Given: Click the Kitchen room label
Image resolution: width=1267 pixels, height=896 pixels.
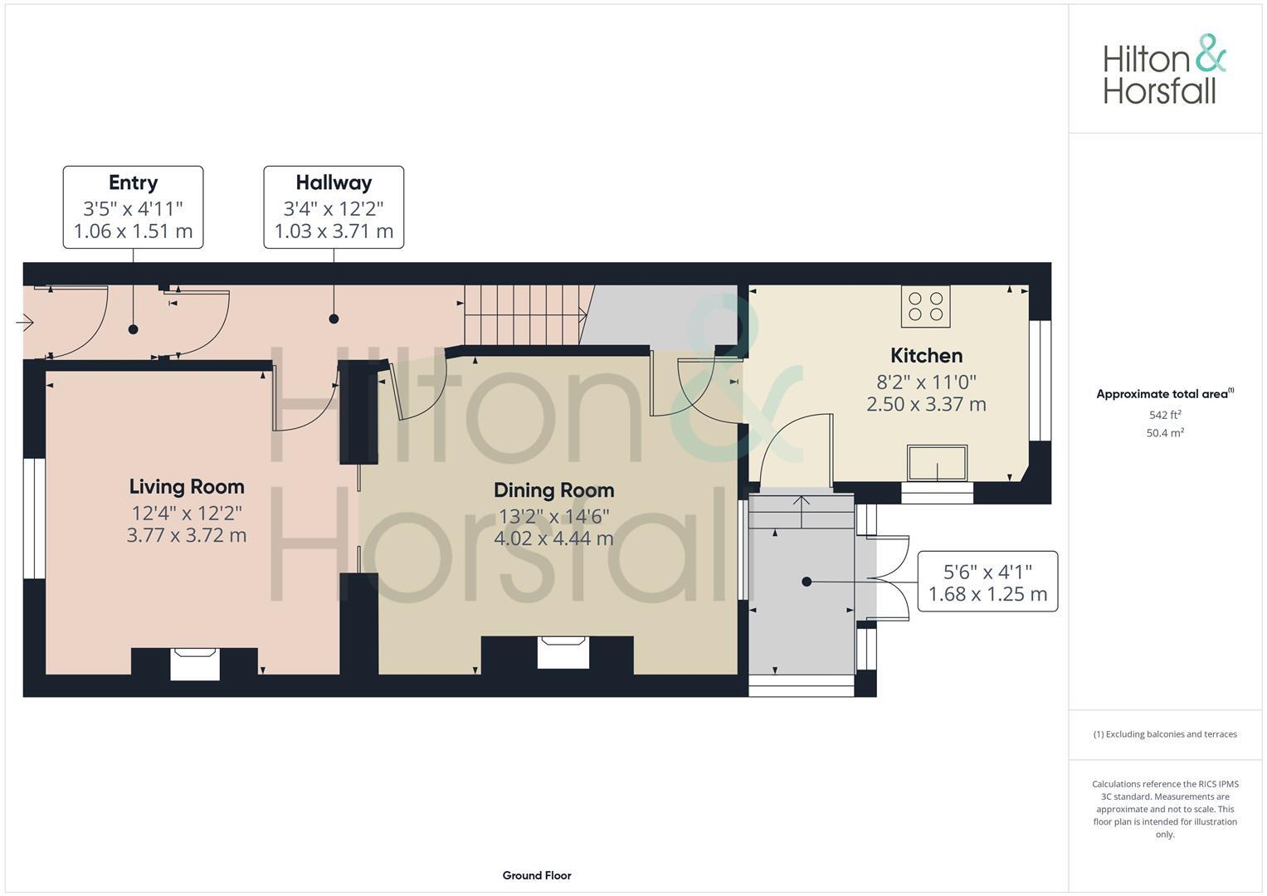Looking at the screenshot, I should (926, 356).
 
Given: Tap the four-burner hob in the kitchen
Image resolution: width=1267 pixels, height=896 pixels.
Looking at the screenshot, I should (926, 306).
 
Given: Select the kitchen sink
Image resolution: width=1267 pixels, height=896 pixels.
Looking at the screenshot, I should (938, 463).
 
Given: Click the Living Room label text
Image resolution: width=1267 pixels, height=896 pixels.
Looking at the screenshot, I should (187, 487).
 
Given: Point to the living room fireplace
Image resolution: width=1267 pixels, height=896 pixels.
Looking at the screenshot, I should (195, 664).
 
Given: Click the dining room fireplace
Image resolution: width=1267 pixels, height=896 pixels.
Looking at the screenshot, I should (563, 652).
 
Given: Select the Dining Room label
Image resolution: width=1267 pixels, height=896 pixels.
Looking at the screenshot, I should (553, 490).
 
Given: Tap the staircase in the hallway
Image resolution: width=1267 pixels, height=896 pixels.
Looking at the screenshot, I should (523, 315).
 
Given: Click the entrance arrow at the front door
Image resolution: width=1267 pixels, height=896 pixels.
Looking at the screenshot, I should (24, 322).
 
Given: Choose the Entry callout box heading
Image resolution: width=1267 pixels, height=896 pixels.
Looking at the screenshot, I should (133, 183).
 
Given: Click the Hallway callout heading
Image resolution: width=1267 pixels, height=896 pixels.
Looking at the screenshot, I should (334, 183).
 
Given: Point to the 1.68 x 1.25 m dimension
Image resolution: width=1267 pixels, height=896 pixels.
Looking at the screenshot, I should (987, 594).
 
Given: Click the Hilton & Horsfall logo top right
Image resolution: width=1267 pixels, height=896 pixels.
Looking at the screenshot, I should (1164, 70).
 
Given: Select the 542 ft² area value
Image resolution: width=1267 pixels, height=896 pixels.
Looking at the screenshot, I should (1165, 415).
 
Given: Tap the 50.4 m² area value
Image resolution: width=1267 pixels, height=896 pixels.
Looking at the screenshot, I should (1165, 433).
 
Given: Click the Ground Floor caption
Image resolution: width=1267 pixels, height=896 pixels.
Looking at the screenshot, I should (537, 875).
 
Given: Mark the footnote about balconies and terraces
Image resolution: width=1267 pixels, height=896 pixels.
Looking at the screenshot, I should (1165, 734).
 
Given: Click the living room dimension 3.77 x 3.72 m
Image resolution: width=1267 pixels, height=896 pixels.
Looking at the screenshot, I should (187, 535).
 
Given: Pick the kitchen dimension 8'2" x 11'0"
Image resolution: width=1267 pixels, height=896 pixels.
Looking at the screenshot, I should (926, 382).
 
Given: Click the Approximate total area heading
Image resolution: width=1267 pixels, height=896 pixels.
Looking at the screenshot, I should (1164, 394).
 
